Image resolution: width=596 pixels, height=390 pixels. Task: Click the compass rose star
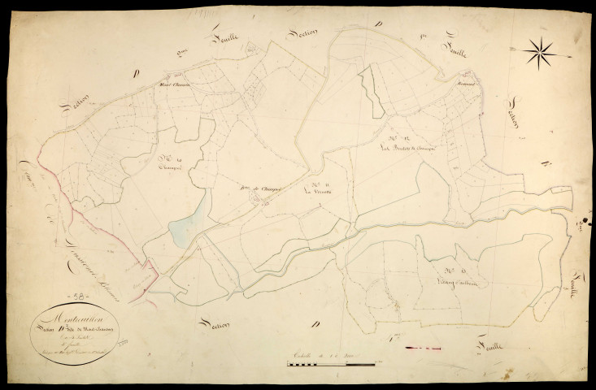[541, 53]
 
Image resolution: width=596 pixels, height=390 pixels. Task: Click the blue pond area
[187, 232]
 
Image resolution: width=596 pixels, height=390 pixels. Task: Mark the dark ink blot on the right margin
[585, 219]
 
